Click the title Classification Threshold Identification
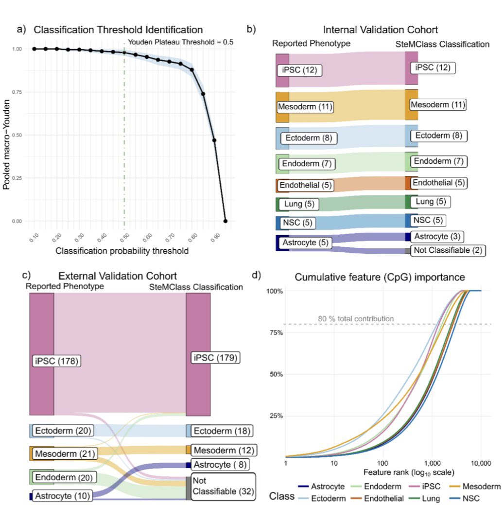(x=118, y=30)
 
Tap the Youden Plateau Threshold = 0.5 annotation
(x=180, y=42)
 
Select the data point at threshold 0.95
(x=226, y=221)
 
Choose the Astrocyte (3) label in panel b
(x=436, y=237)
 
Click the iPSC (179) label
(x=215, y=358)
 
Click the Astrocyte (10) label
(x=63, y=496)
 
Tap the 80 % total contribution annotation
(x=356, y=319)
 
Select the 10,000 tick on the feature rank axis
(x=481, y=465)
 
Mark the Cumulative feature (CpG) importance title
(x=379, y=277)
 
